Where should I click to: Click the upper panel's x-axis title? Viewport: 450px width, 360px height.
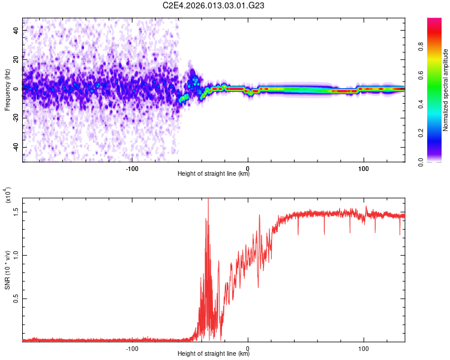point(214,174)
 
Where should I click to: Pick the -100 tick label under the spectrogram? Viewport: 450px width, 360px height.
point(133,168)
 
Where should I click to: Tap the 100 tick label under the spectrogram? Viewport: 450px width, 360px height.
point(363,168)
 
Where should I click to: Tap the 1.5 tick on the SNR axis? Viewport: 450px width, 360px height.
point(16,211)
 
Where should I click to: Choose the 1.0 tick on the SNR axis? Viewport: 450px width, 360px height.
point(16,254)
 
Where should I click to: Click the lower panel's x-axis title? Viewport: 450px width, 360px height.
point(214,354)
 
